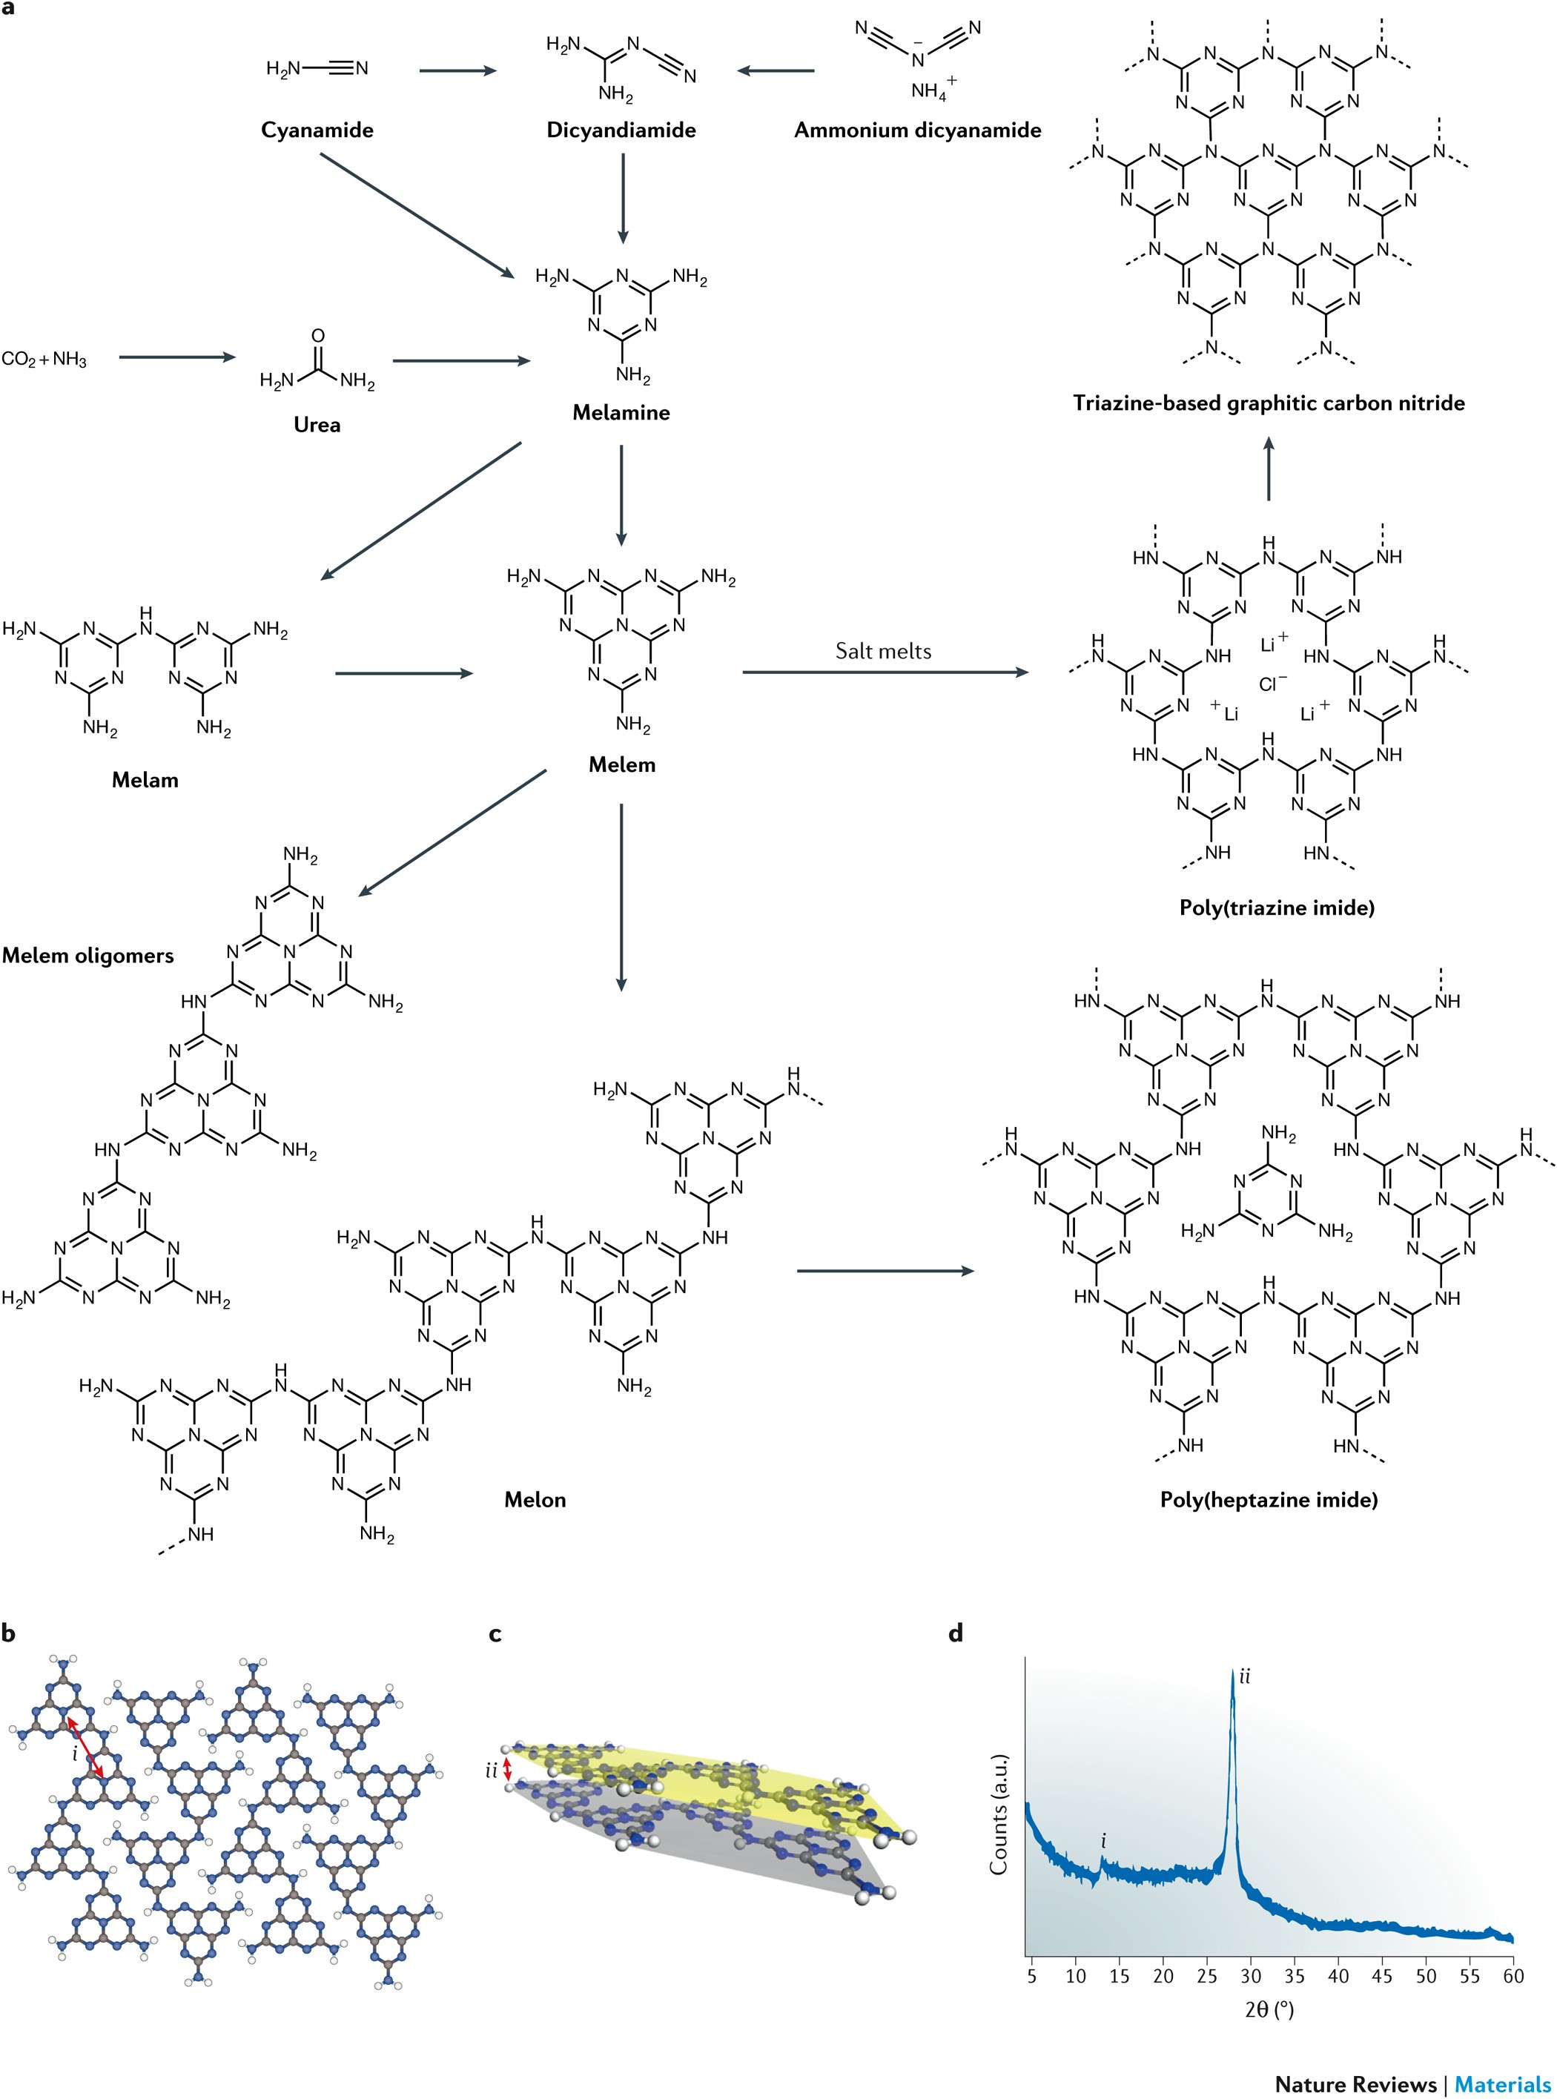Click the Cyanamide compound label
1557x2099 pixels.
click(x=317, y=130)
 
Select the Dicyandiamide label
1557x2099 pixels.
click(x=621, y=130)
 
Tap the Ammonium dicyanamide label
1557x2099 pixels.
click(x=917, y=130)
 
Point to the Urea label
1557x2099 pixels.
click(x=317, y=424)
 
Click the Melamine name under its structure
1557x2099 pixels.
click(x=621, y=412)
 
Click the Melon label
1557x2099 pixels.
click(x=535, y=1500)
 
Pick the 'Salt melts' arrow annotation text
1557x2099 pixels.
click(x=883, y=651)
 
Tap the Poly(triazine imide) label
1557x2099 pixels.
click(x=1276, y=908)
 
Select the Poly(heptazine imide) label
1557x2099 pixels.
click(x=1269, y=1500)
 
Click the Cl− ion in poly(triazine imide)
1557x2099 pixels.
click(x=1272, y=684)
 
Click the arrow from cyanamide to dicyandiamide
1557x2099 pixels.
click(x=457, y=70)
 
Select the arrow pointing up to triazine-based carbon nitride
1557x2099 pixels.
click(x=1269, y=469)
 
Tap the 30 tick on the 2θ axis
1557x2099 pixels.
click(x=1251, y=1977)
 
